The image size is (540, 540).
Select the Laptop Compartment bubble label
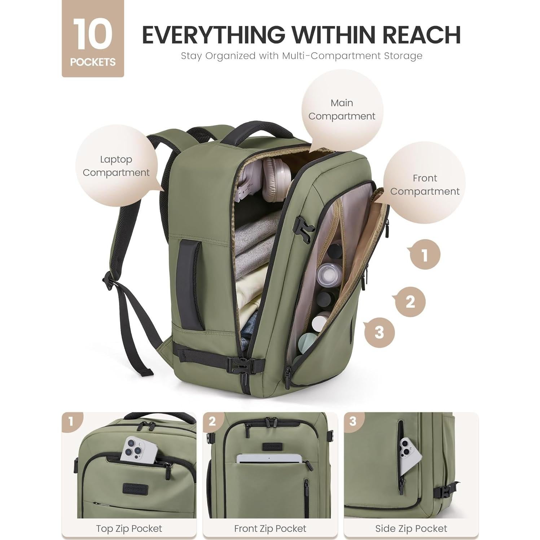tap(116, 166)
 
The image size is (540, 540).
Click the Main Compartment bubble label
tap(342, 110)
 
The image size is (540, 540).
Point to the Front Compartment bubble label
tap(425, 185)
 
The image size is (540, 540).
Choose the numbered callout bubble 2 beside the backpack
tap(410, 302)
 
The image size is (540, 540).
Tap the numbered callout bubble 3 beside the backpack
tap(379, 332)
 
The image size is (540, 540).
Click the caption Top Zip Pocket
tap(129, 528)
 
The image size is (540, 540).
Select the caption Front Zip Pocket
tap(270, 528)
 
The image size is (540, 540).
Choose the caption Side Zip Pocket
tap(411, 528)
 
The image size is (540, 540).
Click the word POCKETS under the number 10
tap(93, 62)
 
